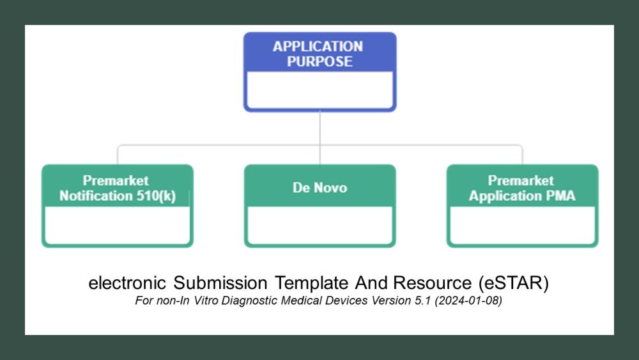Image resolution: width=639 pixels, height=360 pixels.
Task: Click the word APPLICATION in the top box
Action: pos(318,46)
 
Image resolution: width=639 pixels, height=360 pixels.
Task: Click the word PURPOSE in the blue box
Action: pos(319,61)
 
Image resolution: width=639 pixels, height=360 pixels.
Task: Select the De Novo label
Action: pos(319,187)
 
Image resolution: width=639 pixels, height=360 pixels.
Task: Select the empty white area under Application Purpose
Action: pos(319,90)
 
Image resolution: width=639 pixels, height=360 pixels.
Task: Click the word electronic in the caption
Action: pos(128,283)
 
